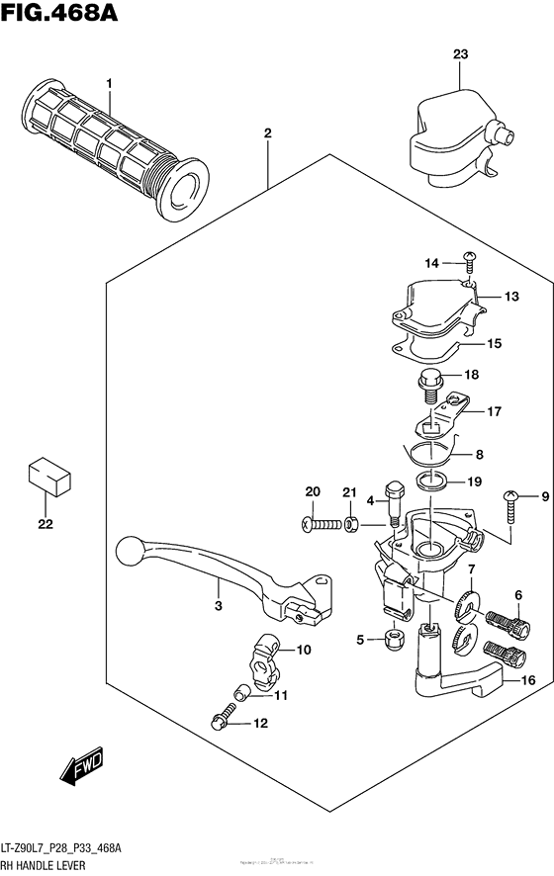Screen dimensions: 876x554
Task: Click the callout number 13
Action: (510, 296)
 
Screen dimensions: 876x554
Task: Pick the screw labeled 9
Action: (511, 508)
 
